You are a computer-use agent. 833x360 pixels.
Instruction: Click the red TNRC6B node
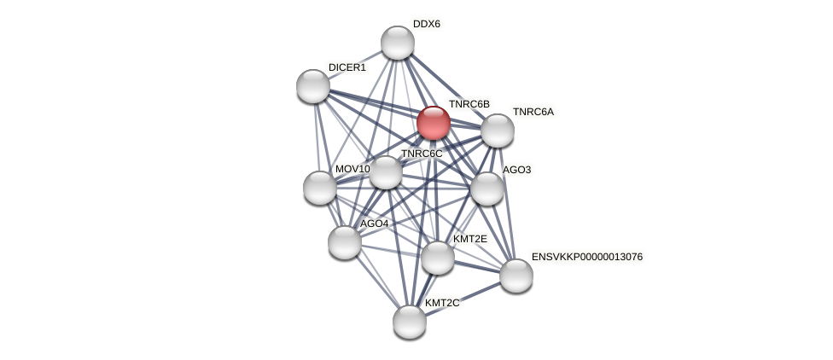point(433,123)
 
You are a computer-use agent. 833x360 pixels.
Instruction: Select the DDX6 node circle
point(397,43)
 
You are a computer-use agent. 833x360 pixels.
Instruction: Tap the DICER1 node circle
point(313,86)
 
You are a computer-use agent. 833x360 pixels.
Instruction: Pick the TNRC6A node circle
point(498,131)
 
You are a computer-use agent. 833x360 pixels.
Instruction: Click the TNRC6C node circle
point(386,172)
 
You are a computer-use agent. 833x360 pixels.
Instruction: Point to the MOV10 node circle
point(320,188)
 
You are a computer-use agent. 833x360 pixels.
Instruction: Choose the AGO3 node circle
point(487,189)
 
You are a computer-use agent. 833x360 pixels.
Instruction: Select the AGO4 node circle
point(345,241)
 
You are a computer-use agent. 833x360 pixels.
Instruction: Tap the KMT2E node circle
point(438,258)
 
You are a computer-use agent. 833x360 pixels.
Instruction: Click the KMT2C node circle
point(410,322)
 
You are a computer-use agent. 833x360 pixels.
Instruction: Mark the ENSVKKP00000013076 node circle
point(516,276)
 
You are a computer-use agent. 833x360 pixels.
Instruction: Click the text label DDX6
point(426,24)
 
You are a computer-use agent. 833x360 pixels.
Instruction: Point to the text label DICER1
point(347,67)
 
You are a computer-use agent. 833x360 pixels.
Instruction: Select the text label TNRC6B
point(469,104)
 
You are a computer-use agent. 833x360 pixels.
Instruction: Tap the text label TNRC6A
point(533,112)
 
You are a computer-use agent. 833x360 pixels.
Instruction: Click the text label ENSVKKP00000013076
point(586,257)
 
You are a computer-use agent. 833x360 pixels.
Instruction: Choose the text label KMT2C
point(442,303)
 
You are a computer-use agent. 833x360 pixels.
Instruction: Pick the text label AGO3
point(516,170)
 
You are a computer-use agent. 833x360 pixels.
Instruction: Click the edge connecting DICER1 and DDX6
point(354,65)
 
